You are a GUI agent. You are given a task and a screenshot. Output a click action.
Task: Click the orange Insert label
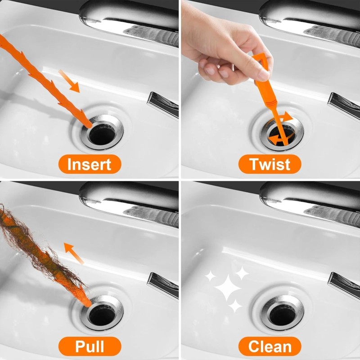coord(90,164)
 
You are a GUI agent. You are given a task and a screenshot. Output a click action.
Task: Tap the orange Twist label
coord(270,164)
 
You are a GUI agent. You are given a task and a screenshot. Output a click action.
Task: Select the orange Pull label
coord(90,346)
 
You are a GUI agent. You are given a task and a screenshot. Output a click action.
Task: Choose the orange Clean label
coord(270,346)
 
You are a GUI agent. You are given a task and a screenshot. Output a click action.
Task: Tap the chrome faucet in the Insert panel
coord(130,20)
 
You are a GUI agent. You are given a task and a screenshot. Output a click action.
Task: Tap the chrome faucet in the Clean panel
coord(310,200)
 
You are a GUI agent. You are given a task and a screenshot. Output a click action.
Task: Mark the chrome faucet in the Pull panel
coord(130,200)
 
